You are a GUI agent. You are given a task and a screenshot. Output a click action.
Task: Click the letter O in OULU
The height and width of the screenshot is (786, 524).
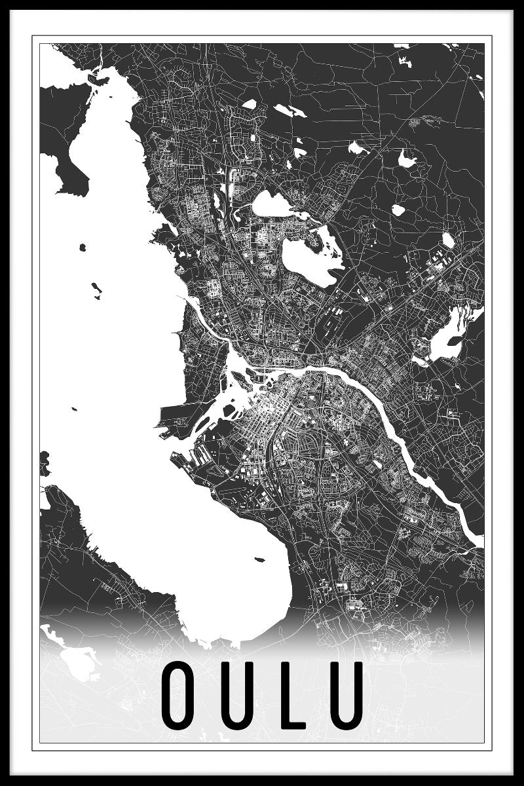pos(178,696)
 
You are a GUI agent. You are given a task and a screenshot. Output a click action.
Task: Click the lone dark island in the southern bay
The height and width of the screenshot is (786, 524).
pos(259,559)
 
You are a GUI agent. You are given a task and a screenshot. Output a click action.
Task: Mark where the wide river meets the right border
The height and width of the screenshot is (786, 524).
pos(479,541)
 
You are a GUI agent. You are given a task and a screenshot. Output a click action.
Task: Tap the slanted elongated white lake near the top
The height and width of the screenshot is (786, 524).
pos(290,111)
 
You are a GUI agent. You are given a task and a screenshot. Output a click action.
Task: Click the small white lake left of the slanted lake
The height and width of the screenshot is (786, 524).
pos(249,103)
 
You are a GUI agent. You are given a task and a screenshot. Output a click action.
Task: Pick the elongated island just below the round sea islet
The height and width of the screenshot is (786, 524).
pos(96,288)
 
